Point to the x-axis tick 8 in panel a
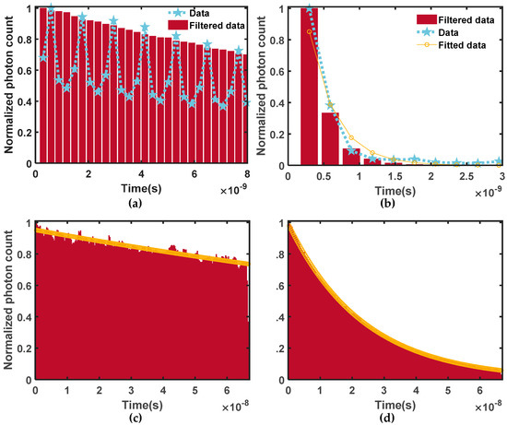(247, 174)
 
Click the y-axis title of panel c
(8, 303)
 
